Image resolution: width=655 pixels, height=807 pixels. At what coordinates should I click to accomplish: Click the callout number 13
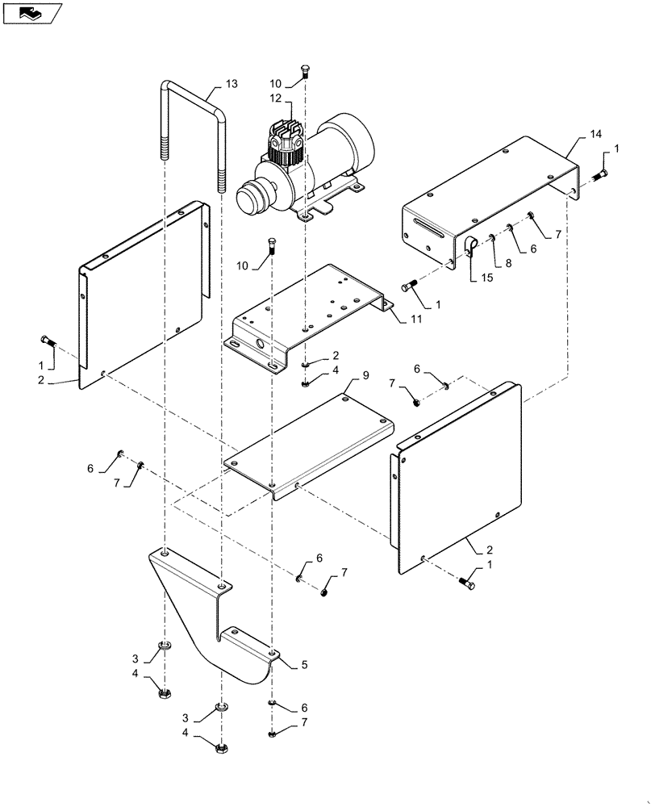point(232,85)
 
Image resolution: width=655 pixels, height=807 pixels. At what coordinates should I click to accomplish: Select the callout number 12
point(274,98)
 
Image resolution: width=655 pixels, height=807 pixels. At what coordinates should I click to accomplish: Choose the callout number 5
point(304,665)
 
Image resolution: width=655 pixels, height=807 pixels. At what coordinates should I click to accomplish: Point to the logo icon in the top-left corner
point(31,12)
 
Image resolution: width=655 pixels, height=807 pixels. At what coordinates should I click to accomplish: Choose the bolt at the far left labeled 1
point(48,342)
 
